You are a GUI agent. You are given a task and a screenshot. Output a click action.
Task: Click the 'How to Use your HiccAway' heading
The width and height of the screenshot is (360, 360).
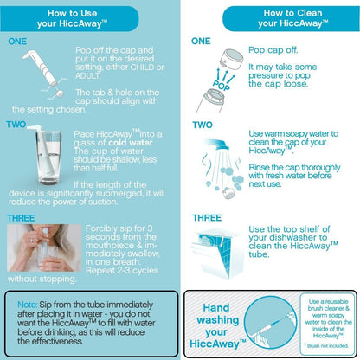point(72,18)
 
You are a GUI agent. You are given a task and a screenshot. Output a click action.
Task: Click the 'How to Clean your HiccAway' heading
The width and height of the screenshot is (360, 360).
point(292,18)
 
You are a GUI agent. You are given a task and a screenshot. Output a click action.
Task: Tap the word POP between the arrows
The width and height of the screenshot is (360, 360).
point(222,85)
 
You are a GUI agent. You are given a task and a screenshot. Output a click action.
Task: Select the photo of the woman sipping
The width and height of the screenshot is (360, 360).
point(44,247)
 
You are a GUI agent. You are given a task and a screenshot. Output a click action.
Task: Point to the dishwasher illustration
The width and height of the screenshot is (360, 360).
point(215,254)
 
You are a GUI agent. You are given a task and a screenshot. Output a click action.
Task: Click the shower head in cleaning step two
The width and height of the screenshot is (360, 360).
point(220,144)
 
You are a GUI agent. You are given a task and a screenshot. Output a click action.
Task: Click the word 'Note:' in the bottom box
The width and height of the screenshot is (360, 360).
point(27,305)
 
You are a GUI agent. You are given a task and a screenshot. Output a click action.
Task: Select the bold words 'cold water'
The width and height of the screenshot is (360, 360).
point(131,143)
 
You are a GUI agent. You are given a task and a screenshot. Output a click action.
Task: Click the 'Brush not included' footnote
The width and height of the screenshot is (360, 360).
point(326,345)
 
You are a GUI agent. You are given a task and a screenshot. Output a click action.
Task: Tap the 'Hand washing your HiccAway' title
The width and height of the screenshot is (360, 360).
point(217,325)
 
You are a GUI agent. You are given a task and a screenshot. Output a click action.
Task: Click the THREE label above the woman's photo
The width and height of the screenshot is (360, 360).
point(21,218)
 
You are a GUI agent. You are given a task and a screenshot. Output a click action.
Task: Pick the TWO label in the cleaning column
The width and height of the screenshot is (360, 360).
point(202,125)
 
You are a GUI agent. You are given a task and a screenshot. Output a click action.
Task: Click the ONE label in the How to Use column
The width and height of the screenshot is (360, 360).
point(17,42)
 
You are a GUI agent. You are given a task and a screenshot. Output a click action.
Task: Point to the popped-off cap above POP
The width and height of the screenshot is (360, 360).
point(231,60)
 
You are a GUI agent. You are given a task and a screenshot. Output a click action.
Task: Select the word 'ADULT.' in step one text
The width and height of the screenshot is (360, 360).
point(87,76)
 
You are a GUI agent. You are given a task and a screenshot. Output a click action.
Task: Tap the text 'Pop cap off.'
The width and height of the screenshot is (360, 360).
point(273,50)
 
